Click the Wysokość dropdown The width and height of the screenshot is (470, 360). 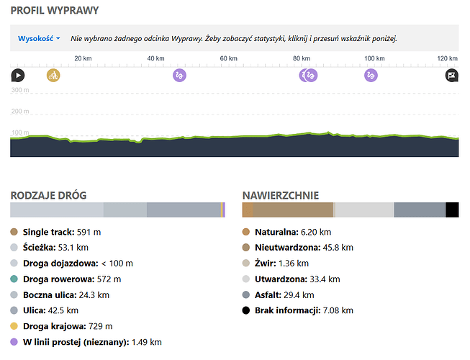click(39, 38)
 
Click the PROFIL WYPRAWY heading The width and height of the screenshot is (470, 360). click(55, 11)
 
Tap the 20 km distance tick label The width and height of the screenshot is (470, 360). click(83, 59)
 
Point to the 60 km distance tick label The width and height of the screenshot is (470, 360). click(228, 59)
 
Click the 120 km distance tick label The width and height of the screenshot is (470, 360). click(447, 59)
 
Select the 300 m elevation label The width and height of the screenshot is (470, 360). click(20, 91)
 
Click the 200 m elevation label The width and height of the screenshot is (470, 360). click(20, 112)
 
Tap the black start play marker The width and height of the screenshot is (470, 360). click(17, 75)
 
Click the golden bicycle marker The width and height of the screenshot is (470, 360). click(53, 75)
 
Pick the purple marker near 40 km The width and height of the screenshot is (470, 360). click(180, 75)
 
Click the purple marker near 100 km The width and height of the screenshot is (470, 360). click(371, 75)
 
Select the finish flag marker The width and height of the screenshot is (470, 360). click(451, 75)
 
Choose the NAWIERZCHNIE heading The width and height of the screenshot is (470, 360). click(281, 195)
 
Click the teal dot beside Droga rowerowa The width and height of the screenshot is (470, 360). click(14, 279)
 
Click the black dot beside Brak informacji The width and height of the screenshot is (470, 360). click(247, 310)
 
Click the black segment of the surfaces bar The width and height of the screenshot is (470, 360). click(452, 210)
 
